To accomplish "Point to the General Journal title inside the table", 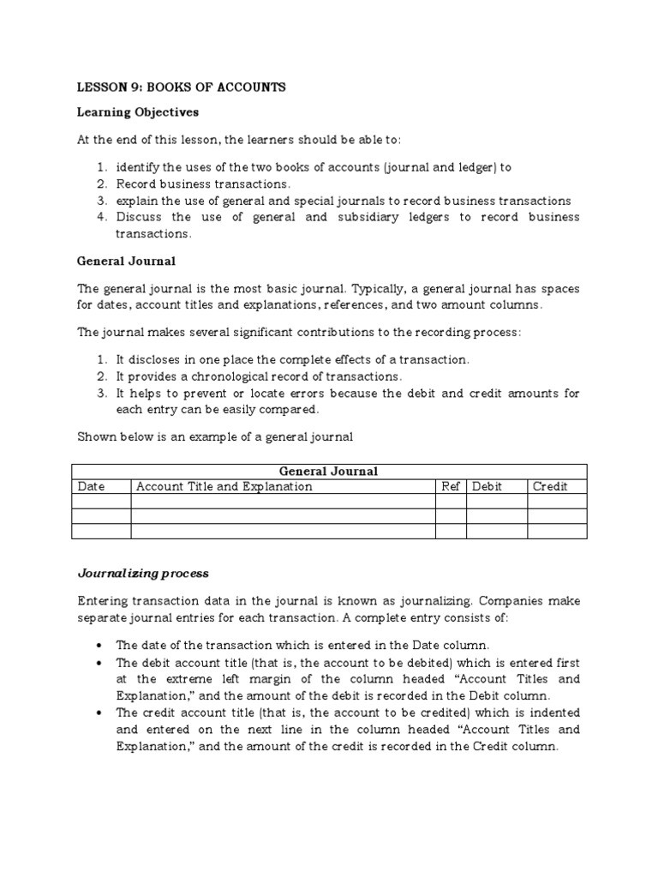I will pos(328,471).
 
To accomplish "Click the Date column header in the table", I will pos(92,486).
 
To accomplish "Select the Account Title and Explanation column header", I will pos(224,486).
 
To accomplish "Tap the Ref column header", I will pos(451,486).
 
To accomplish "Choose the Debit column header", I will pos(488,486).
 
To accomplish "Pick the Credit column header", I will pos(550,486).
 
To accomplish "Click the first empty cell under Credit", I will pos(557,502).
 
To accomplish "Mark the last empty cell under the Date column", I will pos(101,532).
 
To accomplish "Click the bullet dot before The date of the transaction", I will pos(102,645).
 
